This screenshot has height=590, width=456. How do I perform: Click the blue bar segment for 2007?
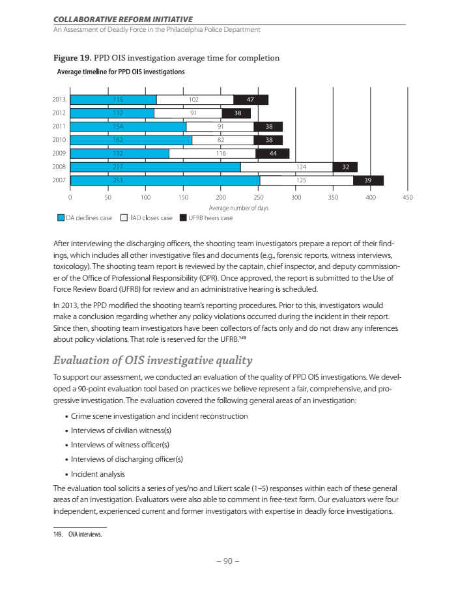click(x=165, y=180)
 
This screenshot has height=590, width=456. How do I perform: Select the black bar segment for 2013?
click(x=251, y=100)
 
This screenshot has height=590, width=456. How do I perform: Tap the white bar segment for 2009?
click(x=212, y=154)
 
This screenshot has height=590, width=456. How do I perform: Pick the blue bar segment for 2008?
click(x=155, y=167)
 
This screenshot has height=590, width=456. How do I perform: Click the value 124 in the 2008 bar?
click(x=301, y=167)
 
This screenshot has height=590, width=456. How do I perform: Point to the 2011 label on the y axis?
click(x=58, y=126)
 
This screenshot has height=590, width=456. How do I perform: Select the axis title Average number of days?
click(x=238, y=208)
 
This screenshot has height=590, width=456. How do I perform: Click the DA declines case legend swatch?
click(x=61, y=218)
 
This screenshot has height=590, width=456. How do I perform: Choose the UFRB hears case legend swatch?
click(x=184, y=218)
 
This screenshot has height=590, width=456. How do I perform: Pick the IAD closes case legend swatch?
click(x=124, y=218)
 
